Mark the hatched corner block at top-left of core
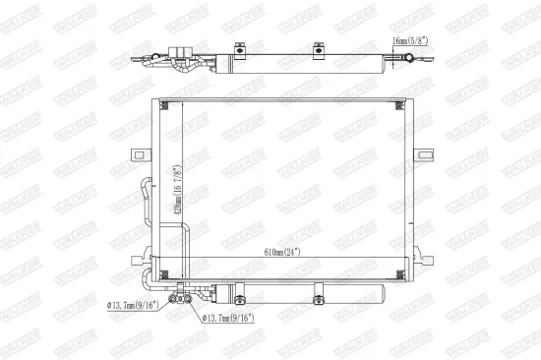tap(166, 105)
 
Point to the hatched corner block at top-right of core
tap(397, 105)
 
